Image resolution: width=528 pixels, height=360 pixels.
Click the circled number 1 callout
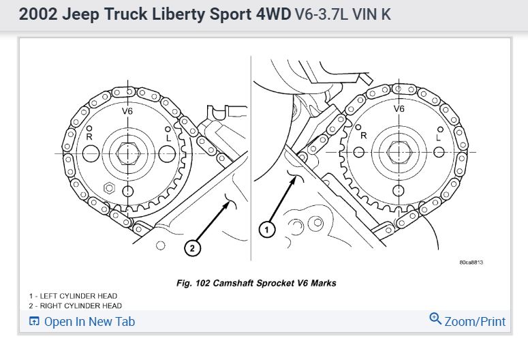point(267,230)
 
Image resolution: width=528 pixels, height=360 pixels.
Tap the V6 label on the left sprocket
point(127,110)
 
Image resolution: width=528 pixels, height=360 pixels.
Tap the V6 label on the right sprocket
point(399,108)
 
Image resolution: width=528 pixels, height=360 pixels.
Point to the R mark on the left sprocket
point(89,136)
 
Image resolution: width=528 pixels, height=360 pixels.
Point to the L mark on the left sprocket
point(167,136)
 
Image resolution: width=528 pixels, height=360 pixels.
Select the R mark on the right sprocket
point(363,135)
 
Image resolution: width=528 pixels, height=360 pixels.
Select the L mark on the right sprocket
point(439,136)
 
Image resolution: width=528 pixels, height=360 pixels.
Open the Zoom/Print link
point(475,321)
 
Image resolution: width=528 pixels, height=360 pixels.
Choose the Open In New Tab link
point(89,322)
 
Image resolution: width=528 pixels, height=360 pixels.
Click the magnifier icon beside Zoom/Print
point(435,318)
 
